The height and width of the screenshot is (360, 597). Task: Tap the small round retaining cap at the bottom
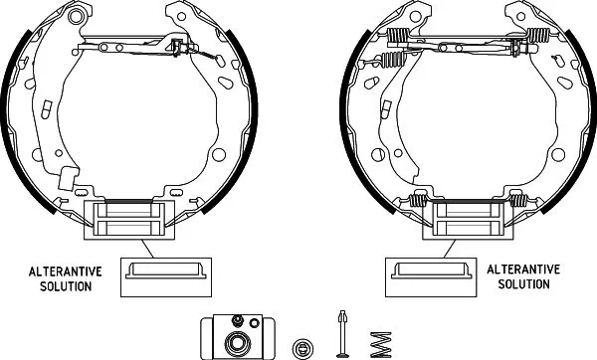(302, 348)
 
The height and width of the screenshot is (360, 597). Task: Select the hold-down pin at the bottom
(342, 334)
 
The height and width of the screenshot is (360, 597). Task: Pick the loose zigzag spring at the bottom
(381, 345)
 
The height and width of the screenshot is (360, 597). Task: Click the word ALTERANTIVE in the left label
(66, 271)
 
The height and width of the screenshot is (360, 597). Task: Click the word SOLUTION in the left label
(66, 286)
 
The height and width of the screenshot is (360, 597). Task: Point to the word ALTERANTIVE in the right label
(523, 270)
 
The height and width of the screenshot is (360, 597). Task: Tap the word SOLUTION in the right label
(524, 283)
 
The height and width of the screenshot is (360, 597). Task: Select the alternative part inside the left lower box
(166, 270)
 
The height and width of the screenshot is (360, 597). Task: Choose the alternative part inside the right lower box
(432, 270)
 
